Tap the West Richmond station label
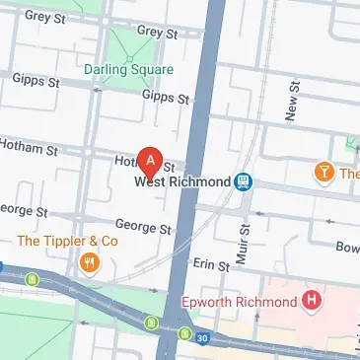pyautogui.click(x=182, y=182)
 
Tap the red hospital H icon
pyautogui.click(x=313, y=299)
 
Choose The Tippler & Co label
pyautogui.click(x=68, y=240)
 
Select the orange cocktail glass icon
pyautogui.click(x=322, y=174)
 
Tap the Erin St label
pyautogui.click(x=210, y=265)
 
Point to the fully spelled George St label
pyautogui.click(x=143, y=227)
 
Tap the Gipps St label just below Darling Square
pyautogui.click(x=165, y=97)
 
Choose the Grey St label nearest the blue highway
pyautogui.click(x=156, y=32)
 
